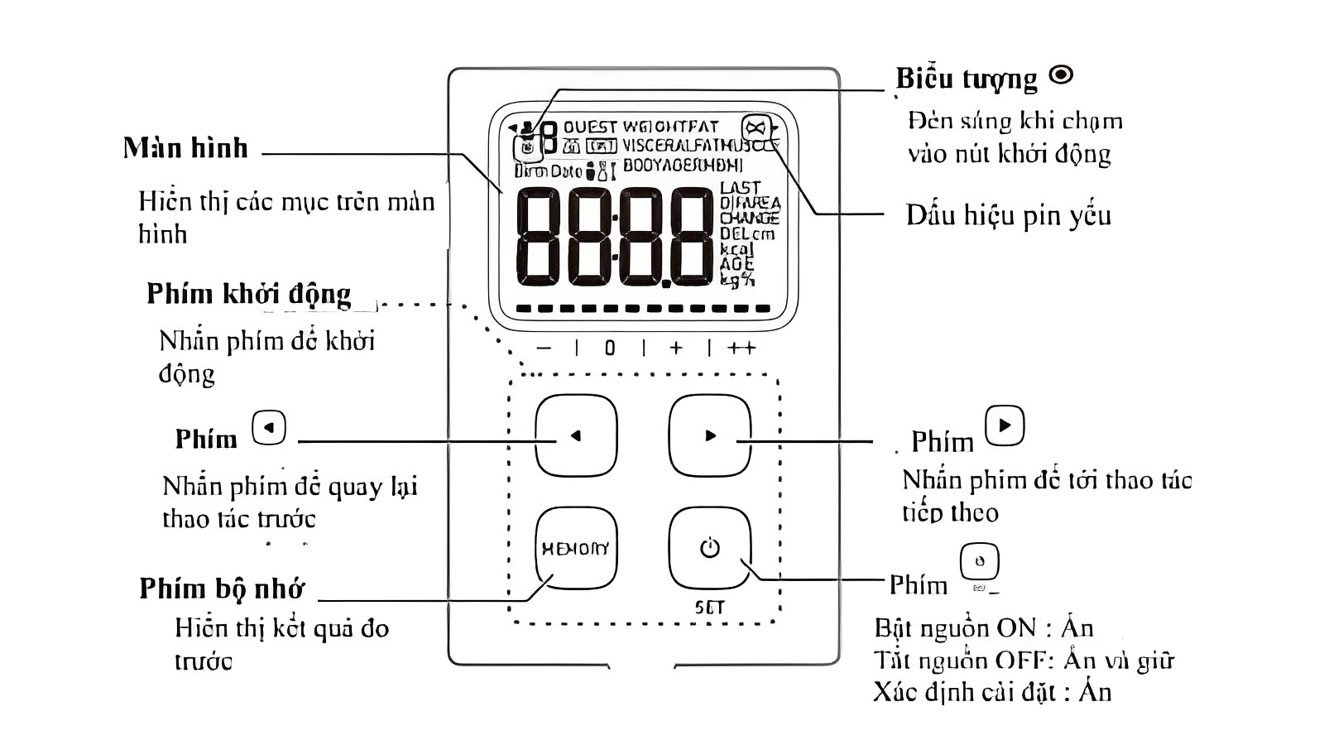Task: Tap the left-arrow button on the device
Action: tap(576, 435)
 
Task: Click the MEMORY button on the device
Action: tap(576, 548)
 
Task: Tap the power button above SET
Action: tap(709, 548)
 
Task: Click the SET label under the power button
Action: tap(709, 608)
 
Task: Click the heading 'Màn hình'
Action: tap(185, 148)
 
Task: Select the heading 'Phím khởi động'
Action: tap(248, 294)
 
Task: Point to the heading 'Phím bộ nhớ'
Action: tap(222, 589)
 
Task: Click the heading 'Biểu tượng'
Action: tap(966, 79)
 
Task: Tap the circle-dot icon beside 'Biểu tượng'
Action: tap(1061, 75)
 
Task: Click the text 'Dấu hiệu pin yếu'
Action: tap(1008, 215)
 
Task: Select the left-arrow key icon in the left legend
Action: tap(269, 428)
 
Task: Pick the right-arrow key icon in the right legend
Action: tap(1005, 425)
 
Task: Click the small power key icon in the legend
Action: tap(979, 562)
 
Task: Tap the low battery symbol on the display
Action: tap(756, 127)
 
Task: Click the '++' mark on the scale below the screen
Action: tap(741, 348)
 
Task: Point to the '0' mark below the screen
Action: tap(610, 348)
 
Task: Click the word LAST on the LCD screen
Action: tap(740, 188)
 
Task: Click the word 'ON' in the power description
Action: tap(1015, 628)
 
